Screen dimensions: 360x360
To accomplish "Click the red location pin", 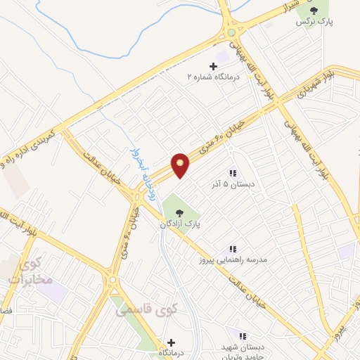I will (181, 165).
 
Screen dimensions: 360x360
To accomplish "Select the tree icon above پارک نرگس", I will (314, 10).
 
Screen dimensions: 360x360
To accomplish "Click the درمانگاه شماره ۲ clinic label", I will (213, 76).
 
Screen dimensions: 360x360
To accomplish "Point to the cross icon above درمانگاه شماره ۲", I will (213, 66).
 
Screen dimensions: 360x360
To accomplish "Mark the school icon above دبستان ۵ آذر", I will (232, 173).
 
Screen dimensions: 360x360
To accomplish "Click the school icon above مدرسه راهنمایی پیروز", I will (232, 249).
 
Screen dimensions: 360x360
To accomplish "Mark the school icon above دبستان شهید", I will (243, 337).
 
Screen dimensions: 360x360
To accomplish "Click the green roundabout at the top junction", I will (231, 32).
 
